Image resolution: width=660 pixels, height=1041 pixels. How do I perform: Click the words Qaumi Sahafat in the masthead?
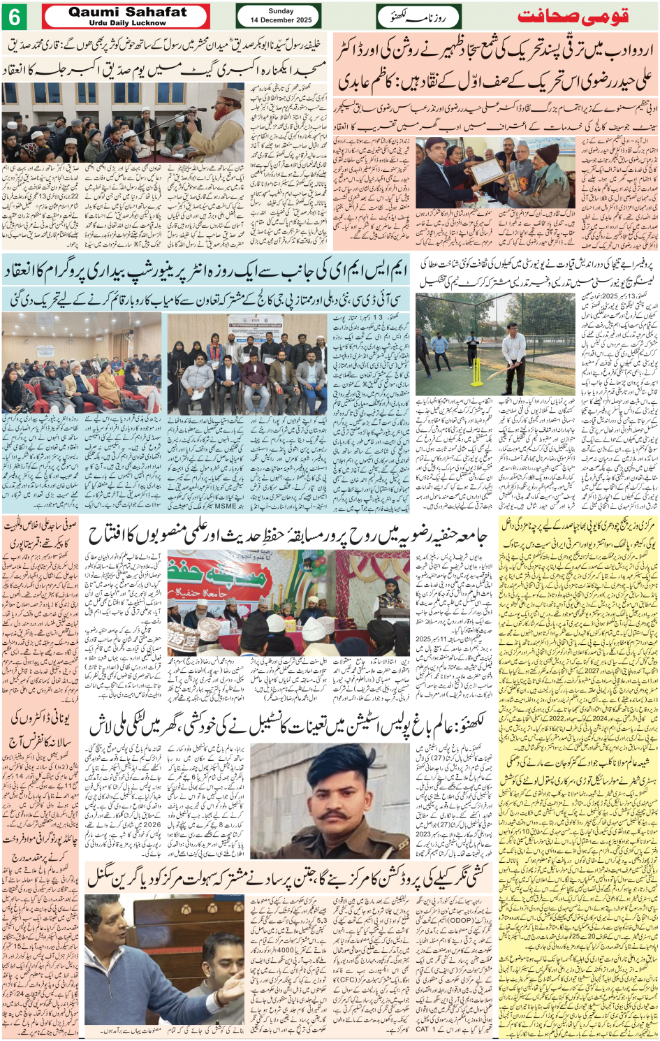[127, 12]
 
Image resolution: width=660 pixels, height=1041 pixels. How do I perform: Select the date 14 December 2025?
[281, 20]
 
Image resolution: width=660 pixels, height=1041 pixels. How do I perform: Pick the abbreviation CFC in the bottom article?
[346, 981]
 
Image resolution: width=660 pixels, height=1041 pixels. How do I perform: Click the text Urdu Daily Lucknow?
[127, 23]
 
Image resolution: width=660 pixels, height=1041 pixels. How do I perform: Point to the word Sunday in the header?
[281, 11]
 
